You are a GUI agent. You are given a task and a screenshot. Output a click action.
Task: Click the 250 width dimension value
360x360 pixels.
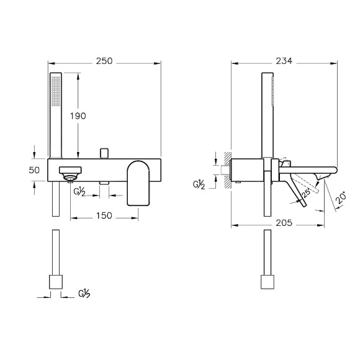104,61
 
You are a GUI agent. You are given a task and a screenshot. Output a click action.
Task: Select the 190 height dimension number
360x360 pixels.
78,116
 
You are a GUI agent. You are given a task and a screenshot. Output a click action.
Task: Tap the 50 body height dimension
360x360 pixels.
34,170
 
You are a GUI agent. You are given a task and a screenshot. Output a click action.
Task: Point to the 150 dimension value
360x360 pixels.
104,215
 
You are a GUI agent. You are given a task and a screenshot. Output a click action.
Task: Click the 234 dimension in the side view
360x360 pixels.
284,61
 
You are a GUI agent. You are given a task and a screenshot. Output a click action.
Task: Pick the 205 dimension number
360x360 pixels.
284,223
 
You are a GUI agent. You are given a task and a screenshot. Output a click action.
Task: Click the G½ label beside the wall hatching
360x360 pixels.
199,184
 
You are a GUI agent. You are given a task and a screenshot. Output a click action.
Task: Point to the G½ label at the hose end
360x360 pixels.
84,294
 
